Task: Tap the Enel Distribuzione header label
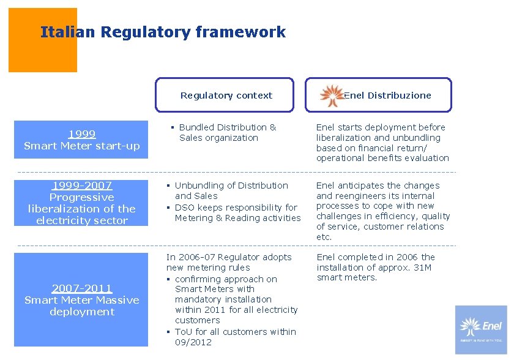(x=387, y=96)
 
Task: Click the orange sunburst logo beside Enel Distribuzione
(x=332, y=96)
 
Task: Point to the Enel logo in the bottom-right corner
(x=481, y=329)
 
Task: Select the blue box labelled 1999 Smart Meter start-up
(x=81, y=140)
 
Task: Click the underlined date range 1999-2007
(x=82, y=186)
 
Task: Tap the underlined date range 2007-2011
(x=82, y=288)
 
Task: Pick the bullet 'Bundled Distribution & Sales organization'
(x=227, y=133)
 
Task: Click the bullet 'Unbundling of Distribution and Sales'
(x=231, y=190)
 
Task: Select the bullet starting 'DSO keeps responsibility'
(x=237, y=212)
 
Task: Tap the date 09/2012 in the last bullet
(x=193, y=342)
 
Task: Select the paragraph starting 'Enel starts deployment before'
(x=382, y=143)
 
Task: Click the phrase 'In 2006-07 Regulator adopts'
(x=229, y=257)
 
